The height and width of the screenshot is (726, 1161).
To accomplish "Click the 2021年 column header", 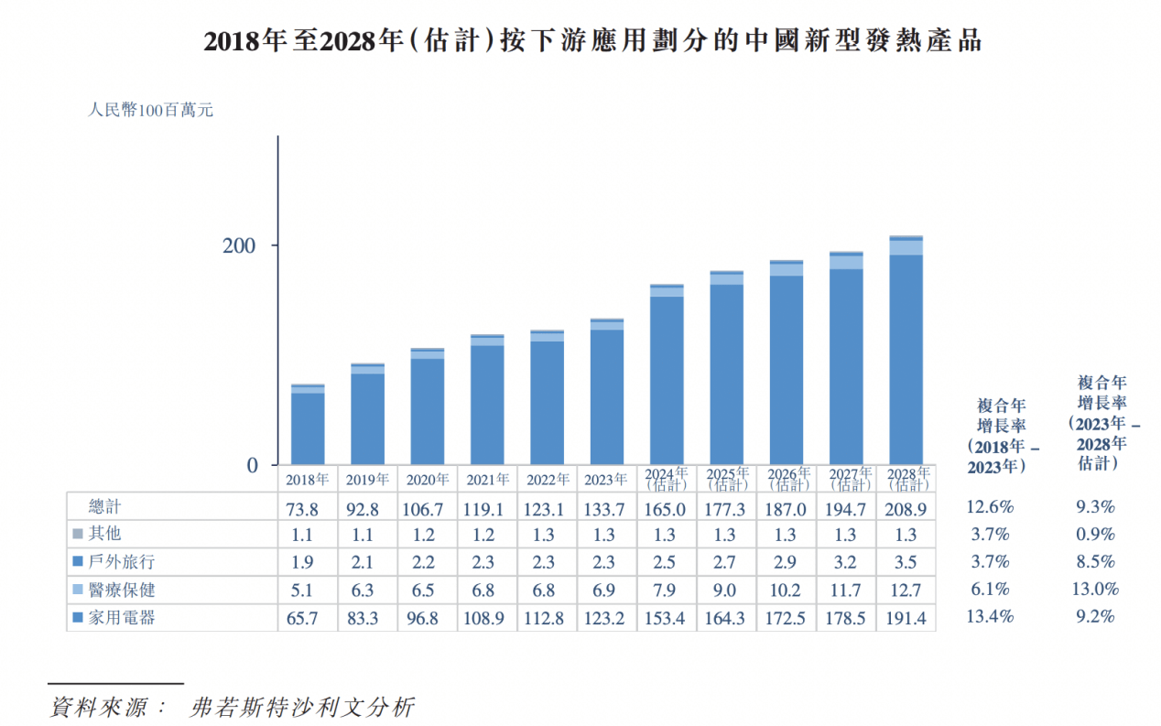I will coord(487,479).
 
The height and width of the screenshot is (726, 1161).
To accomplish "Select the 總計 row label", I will coord(104,506).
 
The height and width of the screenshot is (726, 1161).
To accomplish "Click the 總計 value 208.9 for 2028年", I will coord(906,507).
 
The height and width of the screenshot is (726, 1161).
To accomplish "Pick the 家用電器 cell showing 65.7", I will coord(308,619).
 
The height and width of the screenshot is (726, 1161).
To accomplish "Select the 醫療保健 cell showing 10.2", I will coord(787,591).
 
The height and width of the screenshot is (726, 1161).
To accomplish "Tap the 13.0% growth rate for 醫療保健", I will coord(1095,591).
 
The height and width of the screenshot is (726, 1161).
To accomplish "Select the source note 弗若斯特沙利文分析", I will coord(301,707).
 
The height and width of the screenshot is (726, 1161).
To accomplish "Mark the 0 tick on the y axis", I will coord(253,466).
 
